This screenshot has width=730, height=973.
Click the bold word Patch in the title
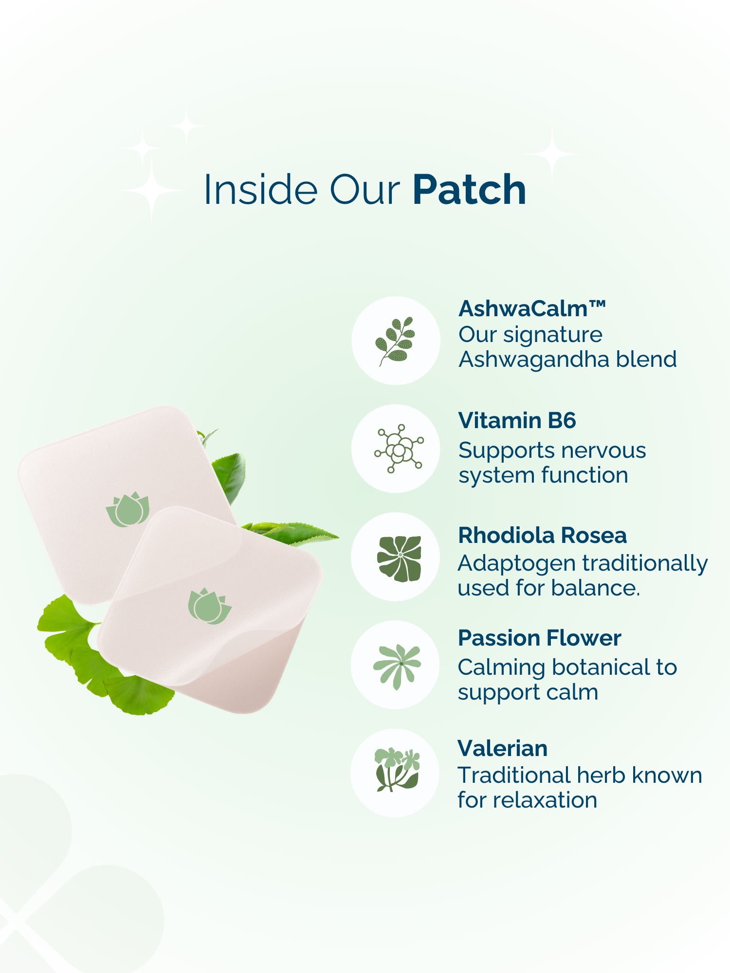coord(470,190)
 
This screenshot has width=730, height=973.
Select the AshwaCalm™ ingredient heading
coord(532,308)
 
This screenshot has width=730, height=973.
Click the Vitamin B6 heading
coord(517,420)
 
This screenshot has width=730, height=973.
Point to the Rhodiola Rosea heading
coord(542,535)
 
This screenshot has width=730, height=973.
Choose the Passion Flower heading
coord(540,638)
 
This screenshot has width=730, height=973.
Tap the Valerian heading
coord(503,748)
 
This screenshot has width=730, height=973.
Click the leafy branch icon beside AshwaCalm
coord(395,341)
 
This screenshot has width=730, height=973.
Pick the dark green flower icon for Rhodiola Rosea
coord(400,558)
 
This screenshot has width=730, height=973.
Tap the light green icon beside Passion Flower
coord(397,666)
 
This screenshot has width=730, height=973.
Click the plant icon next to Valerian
coord(397,770)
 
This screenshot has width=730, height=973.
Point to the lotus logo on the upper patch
coord(128,509)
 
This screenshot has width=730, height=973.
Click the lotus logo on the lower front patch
coord(210,606)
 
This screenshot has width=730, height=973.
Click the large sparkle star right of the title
coord(552,154)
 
